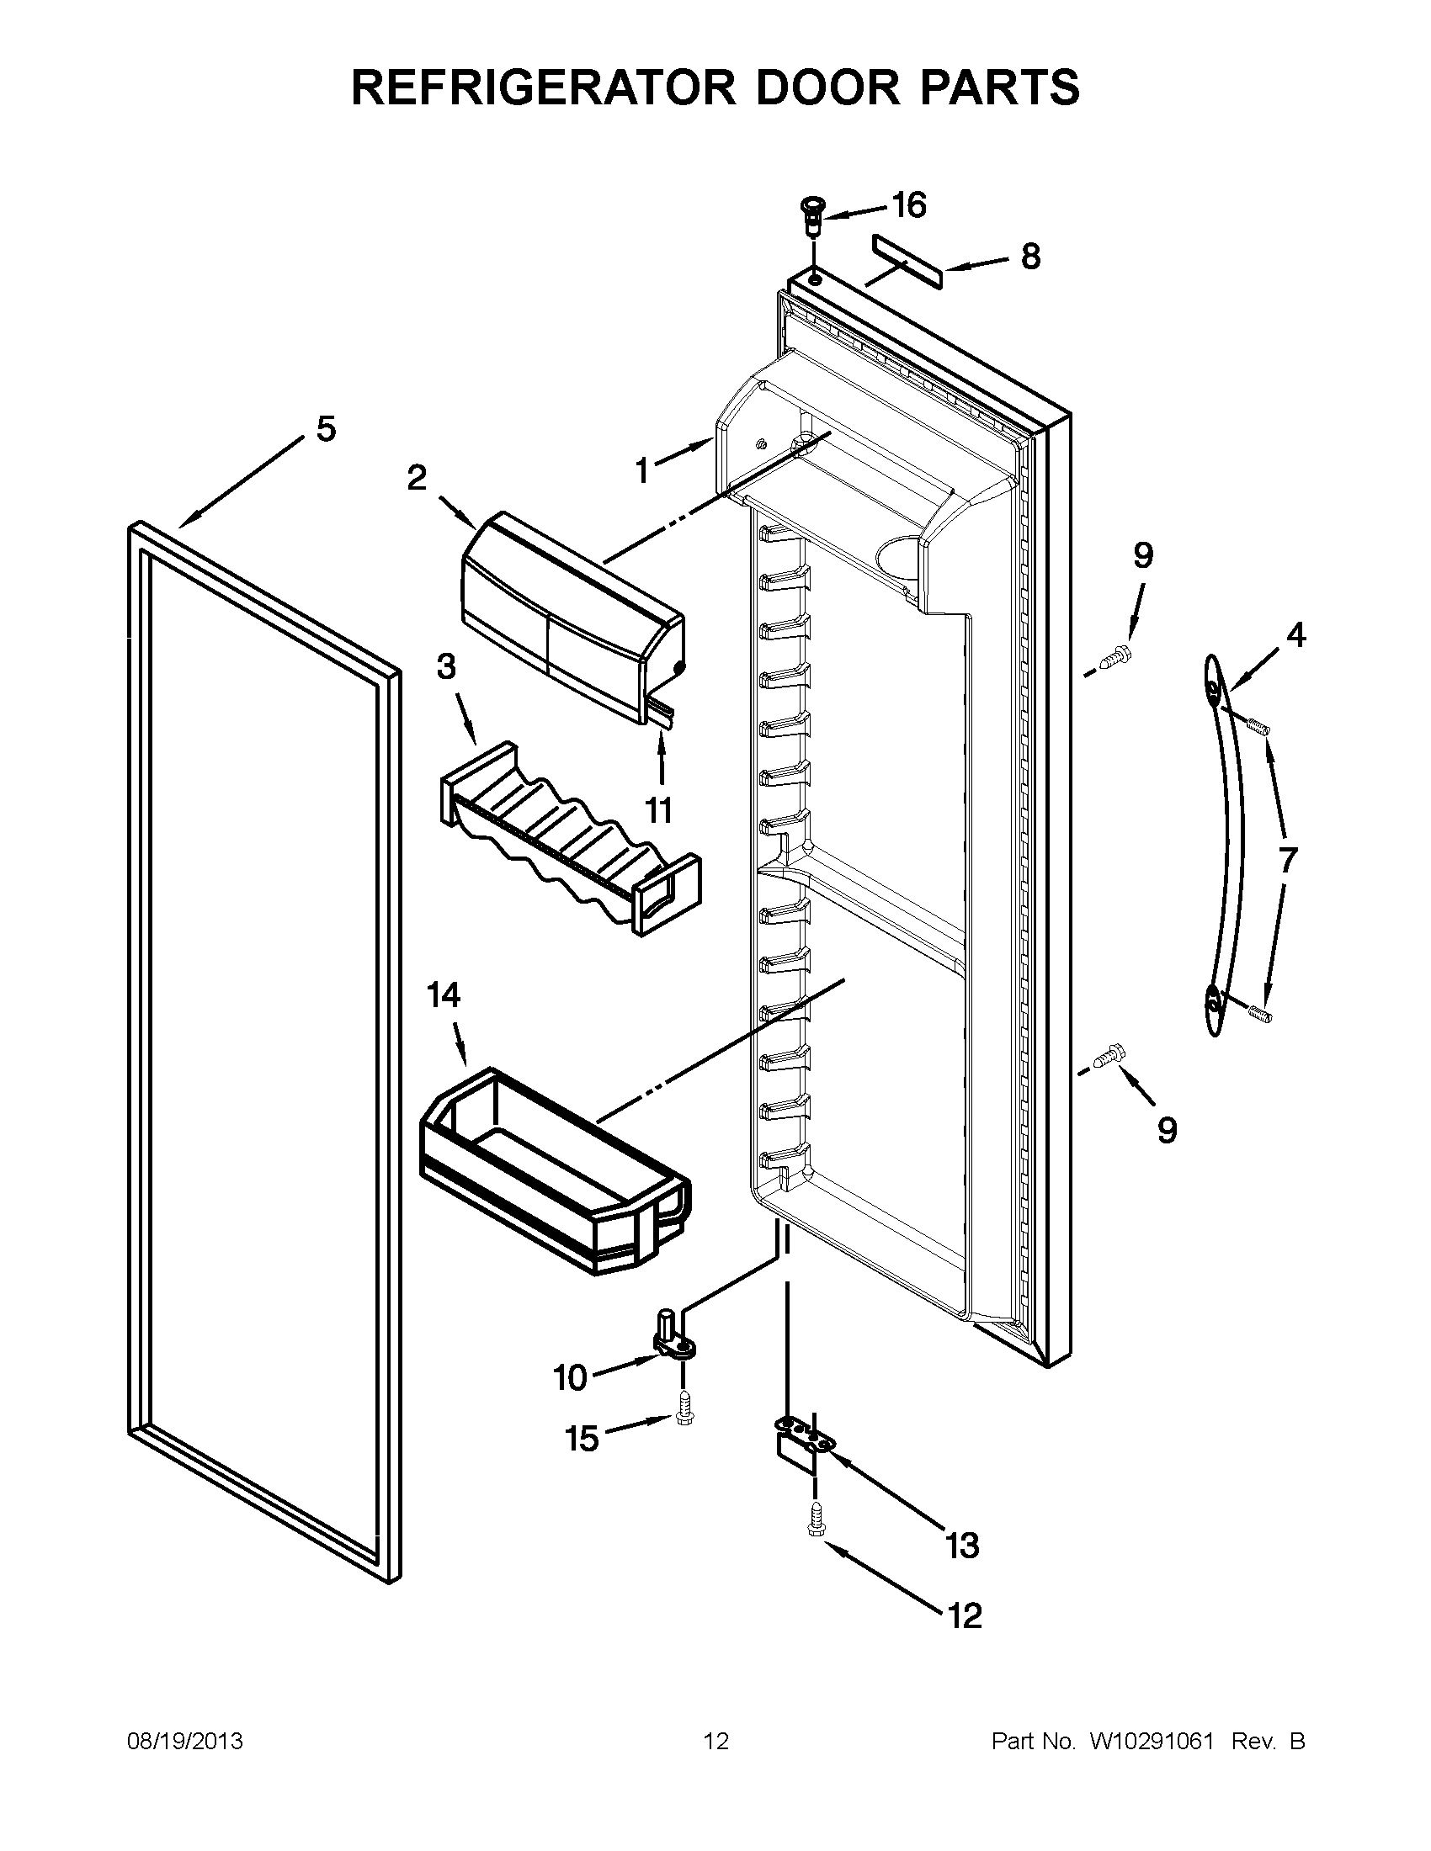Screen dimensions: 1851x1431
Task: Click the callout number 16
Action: [909, 206]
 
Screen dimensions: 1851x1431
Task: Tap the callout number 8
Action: [1030, 257]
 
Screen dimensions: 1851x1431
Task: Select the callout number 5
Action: [326, 429]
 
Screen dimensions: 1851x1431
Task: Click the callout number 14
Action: [443, 995]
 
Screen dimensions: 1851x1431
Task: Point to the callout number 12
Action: [965, 1617]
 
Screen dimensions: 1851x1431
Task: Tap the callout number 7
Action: [1287, 859]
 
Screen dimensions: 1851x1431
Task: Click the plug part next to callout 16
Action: [812, 218]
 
